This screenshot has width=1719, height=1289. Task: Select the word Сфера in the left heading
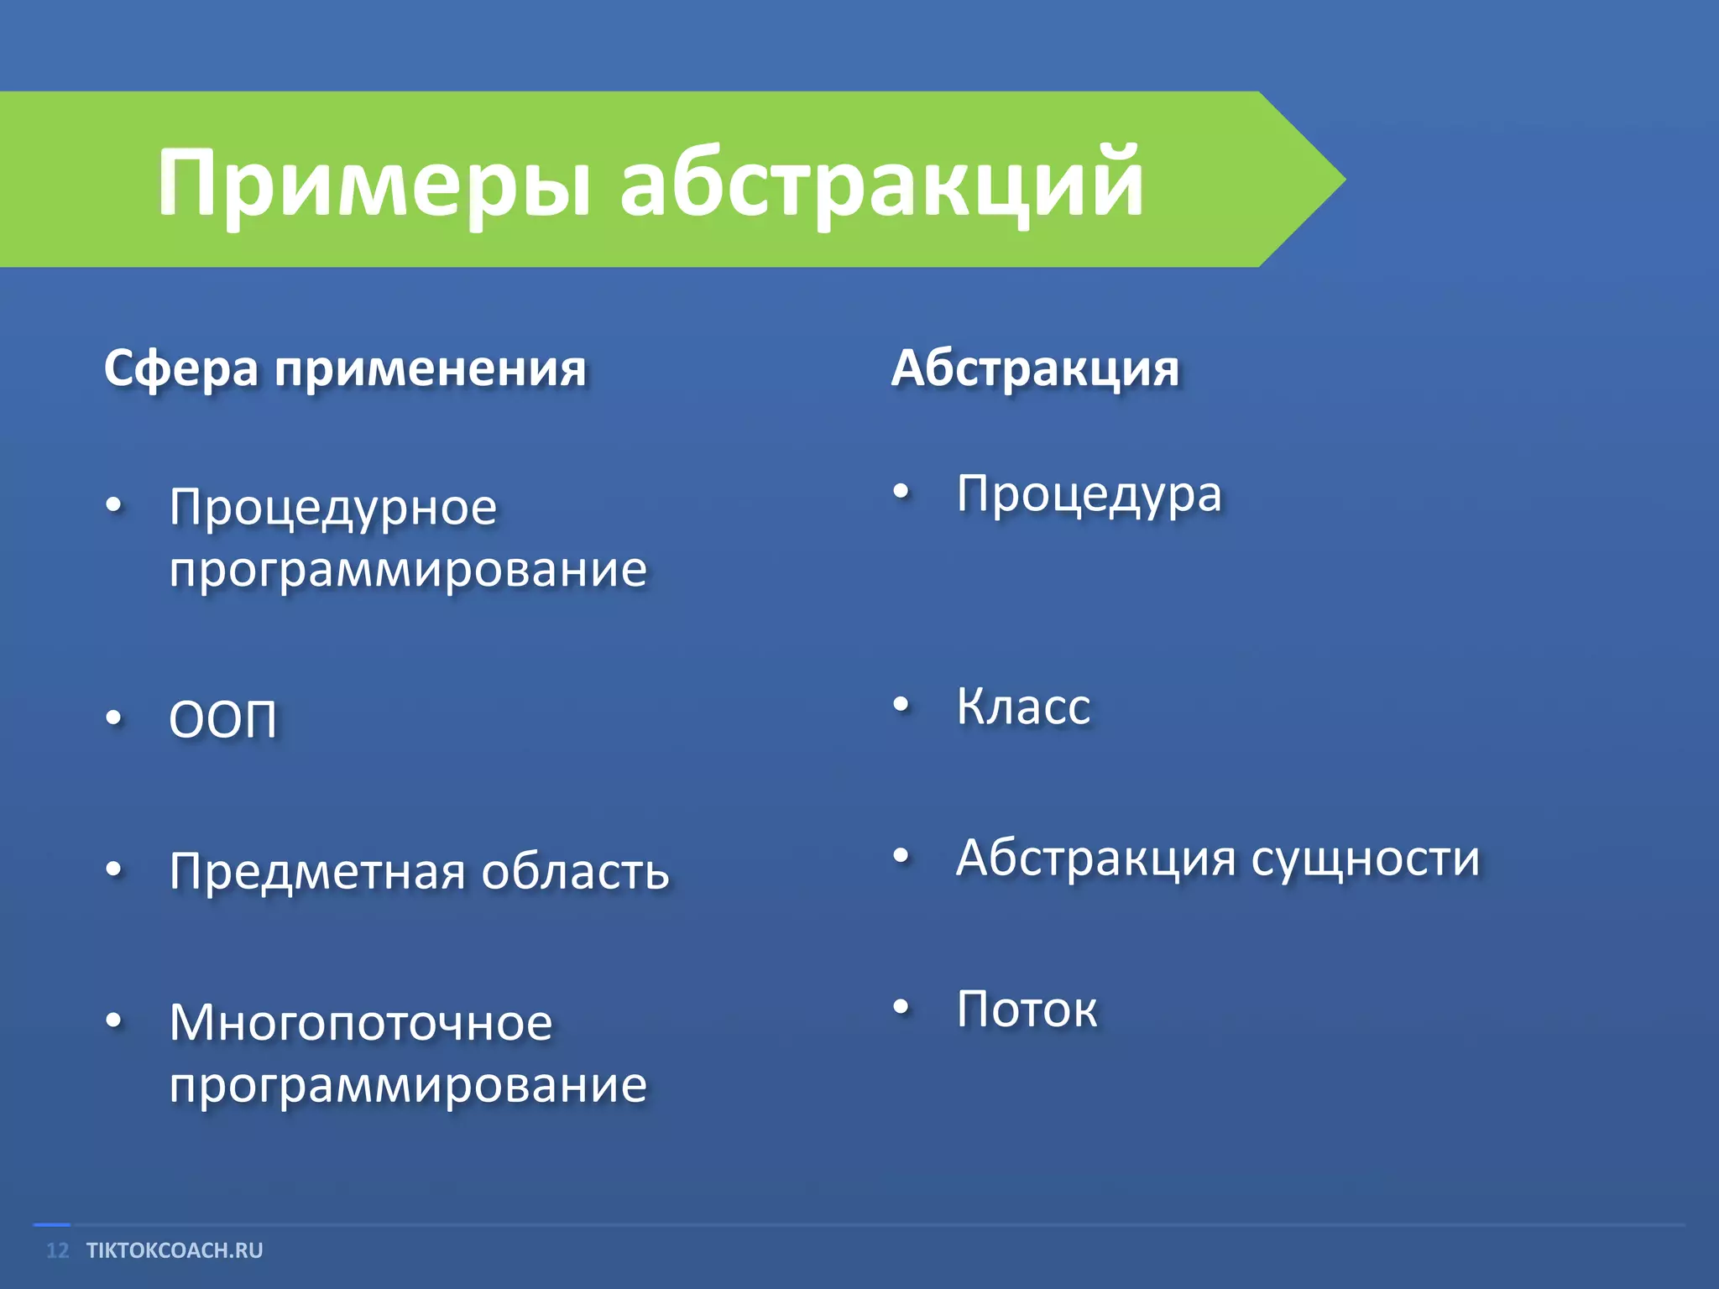pyautogui.click(x=180, y=369)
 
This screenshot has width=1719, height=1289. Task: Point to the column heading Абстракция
pyautogui.click(x=1035, y=369)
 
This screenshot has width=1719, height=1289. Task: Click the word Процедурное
pyautogui.click(x=333, y=509)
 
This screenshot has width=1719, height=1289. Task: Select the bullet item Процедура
pyautogui.click(x=1089, y=494)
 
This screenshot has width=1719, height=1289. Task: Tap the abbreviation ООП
pyautogui.click(x=222, y=720)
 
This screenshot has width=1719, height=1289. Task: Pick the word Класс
pyautogui.click(x=1023, y=707)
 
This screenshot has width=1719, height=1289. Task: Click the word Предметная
pyautogui.click(x=317, y=871)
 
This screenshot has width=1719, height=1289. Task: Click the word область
pyautogui.click(x=575, y=871)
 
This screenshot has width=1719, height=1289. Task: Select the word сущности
pyautogui.click(x=1365, y=859)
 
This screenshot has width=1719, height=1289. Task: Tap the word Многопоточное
pyautogui.click(x=361, y=1024)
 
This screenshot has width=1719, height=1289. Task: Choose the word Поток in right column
pyautogui.click(x=1027, y=1010)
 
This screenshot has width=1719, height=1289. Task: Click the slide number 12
pyautogui.click(x=57, y=1250)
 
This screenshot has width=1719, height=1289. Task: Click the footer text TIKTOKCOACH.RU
pyautogui.click(x=175, y=1250)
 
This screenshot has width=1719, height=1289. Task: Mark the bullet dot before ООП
pyautogui.click(x=114, y=718)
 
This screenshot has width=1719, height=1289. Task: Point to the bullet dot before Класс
pyautogui.click(x=901, y=705)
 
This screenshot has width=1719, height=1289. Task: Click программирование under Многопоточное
pyautogui.click(x=408, y=1086)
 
